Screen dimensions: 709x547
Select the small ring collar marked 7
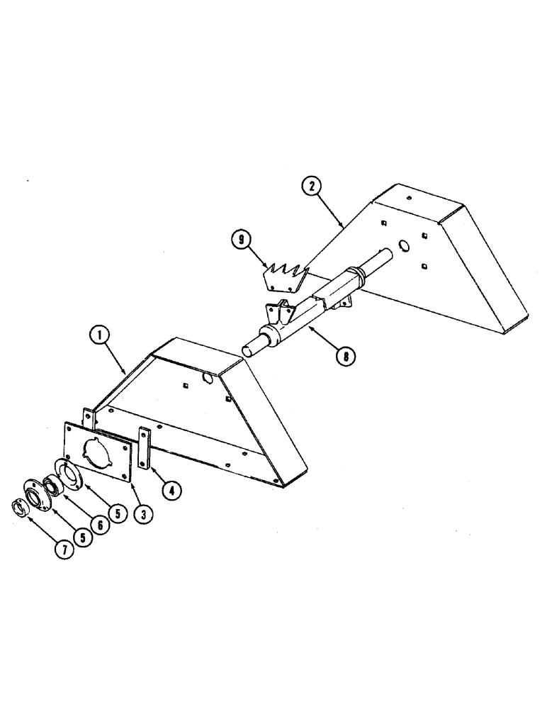coord(21,508)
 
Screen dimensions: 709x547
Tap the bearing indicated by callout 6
coord(52,487)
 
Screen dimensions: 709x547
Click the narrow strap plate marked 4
coord(144,448)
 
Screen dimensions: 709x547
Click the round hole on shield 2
coord(405,246)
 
